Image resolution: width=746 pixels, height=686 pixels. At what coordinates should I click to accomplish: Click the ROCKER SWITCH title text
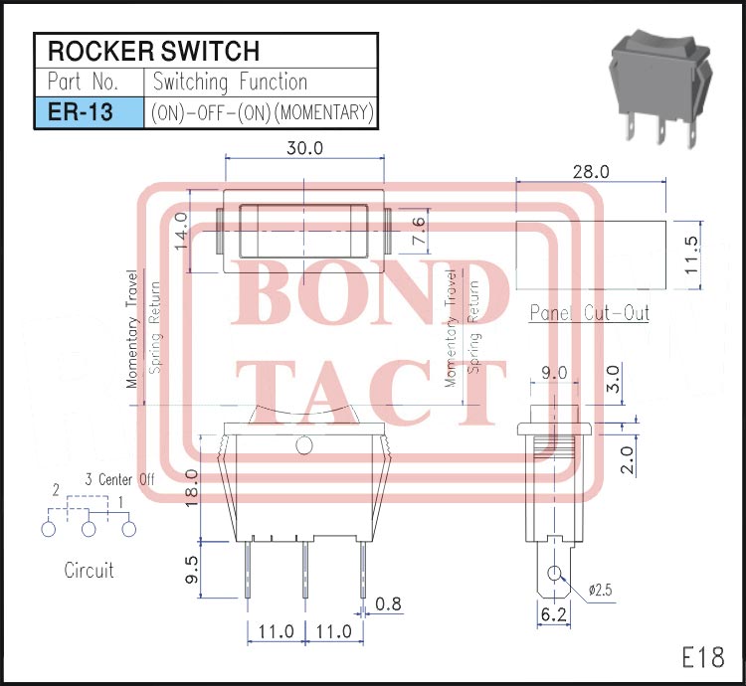click(x=154, y=51)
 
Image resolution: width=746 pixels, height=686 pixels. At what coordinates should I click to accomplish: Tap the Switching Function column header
click(x=230, y=82)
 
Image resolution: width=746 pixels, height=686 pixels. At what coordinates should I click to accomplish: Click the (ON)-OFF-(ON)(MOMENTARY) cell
click(x=262, y=112)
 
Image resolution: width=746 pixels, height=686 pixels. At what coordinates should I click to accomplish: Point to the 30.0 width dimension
click(x=305, y=148)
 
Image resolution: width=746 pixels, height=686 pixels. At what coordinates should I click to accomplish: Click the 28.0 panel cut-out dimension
click(x=591, y=171)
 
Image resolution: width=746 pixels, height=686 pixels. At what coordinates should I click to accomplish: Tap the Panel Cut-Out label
click(x=589, y=313)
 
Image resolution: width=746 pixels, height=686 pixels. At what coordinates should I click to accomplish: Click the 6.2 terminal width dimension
click(x=554, y=615)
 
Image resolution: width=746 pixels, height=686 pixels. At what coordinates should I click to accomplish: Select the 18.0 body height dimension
click(x=193, y=486)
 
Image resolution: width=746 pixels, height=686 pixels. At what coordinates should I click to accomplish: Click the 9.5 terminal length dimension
click(x=193, y=570)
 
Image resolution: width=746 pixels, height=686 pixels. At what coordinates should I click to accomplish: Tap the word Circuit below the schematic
click(x=89, y=571)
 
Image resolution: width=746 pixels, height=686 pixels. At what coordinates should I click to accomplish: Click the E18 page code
click(x=702, y=657)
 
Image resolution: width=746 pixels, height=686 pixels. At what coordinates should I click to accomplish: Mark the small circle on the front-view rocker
click(x=304, y=445)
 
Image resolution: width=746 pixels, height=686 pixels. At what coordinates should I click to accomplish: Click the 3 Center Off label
click(x=119, y=479)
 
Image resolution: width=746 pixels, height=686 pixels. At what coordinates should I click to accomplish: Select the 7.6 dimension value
click(x=419, y=232)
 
